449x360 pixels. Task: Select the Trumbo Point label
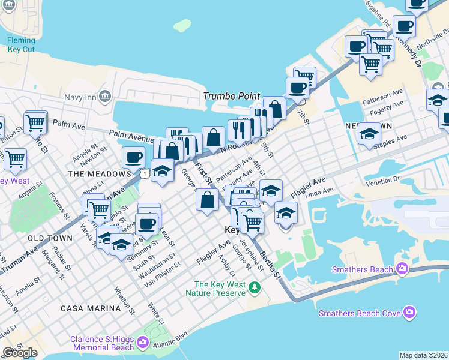(232, 96)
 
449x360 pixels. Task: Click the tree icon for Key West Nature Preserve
(254, 289)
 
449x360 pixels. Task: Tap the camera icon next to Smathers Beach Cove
(409, 312)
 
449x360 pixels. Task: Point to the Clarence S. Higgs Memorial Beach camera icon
(143, 343)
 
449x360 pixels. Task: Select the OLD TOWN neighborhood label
(50, 238)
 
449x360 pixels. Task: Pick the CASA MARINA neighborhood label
(91, 308)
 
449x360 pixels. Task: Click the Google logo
(20, 353)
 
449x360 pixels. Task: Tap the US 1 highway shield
(145, 173)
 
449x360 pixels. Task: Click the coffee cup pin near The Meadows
(133, 158)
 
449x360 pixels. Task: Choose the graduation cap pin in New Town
(369, 135)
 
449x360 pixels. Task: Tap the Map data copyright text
(423, 355)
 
